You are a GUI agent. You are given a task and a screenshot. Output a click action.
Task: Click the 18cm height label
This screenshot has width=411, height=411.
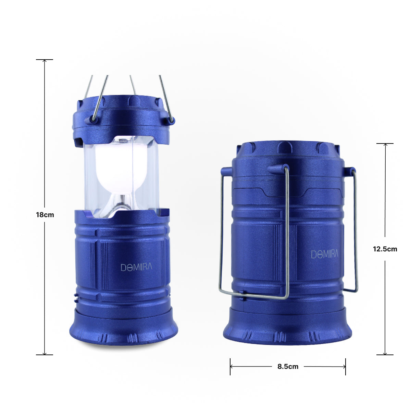pos(45,215)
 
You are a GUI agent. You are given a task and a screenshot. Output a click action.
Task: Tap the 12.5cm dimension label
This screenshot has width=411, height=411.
pos(385,249)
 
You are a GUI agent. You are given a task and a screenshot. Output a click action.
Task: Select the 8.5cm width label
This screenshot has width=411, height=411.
pos(288,366)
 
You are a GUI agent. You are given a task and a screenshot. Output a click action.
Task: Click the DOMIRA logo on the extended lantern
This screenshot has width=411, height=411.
pos(136,267)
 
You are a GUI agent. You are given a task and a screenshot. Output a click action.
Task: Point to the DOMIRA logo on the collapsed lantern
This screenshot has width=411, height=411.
pos(324,254)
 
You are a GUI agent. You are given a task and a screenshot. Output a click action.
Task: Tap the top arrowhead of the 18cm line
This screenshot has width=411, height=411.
pos(45,61)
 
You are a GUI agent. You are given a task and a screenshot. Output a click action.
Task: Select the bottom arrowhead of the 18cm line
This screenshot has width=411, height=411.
pos(45,353)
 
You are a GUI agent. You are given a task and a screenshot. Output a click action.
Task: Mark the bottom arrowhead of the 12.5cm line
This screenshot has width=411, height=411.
pos(385,353)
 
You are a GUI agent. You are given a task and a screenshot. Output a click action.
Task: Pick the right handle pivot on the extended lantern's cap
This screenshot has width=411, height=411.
pos(171,120)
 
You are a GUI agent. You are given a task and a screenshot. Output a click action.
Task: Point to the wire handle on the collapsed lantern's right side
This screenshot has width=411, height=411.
pos(356,233)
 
